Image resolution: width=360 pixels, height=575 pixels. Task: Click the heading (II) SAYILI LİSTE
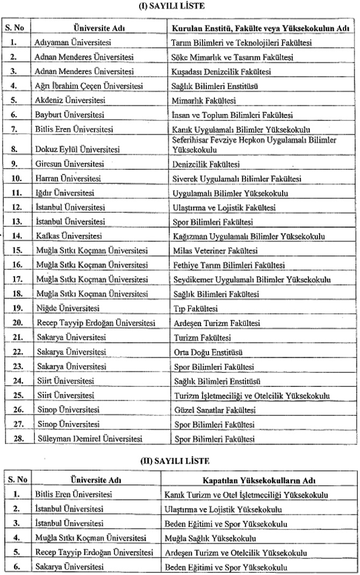click(x=179, y=461)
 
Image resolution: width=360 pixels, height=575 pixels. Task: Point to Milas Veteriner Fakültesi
click(x=215, y=251)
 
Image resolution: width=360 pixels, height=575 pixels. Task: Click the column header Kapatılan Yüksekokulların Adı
click(x=259, y=479)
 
